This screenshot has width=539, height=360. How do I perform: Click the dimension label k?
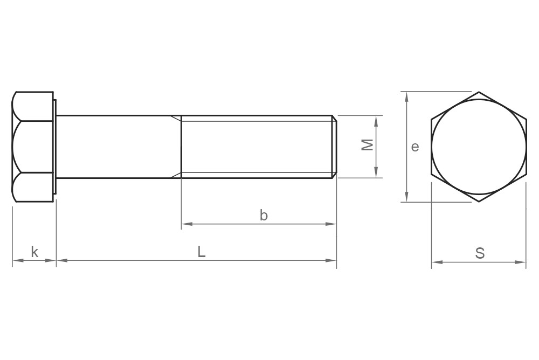[34, 252]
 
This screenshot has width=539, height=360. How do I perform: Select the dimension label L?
[201, 252]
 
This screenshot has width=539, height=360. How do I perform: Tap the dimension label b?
[264, 216]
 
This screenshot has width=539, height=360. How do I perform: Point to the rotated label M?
[367, 145]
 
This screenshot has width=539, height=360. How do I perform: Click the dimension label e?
[414, 147]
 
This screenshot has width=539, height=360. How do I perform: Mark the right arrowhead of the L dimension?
[333, 261]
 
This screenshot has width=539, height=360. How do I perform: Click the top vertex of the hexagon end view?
[479, 92]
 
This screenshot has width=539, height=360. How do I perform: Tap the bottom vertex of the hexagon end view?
[479, 202]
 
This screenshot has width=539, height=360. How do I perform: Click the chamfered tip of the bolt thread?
[334, 147]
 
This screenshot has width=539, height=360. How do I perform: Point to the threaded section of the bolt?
[256, 147]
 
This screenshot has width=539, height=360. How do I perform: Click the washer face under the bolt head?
[54, 147]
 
